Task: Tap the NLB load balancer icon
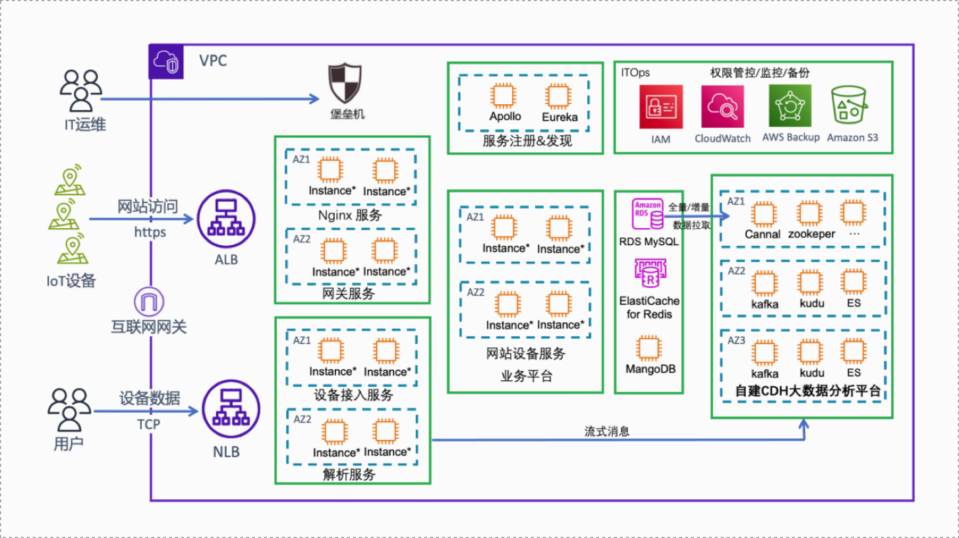(226, 410)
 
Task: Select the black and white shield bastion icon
(346, 84)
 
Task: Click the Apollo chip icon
(505, 96)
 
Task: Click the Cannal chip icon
(763, 214)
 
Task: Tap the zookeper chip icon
(810, 214)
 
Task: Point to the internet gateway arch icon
(149, 301)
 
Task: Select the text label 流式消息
(607, 431)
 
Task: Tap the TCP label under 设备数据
(148, 424)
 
